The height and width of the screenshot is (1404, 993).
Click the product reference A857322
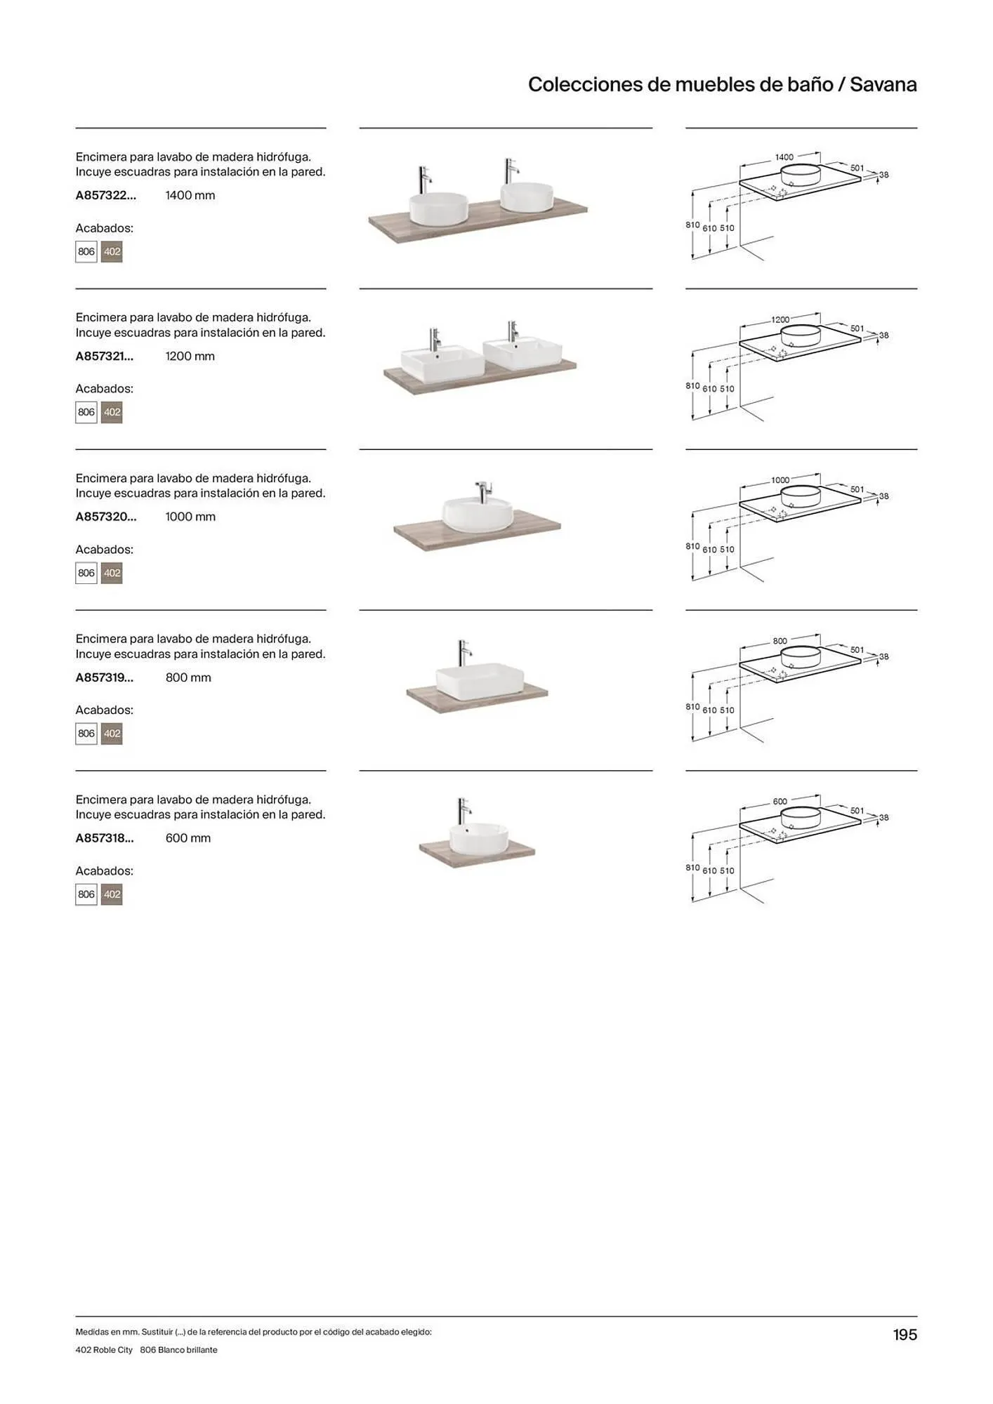tap(106, 195)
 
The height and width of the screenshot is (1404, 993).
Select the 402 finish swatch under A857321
tap(112, 412)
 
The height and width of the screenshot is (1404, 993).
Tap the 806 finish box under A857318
tap(86, 894)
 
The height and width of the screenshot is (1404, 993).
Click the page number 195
tap(905, 1335)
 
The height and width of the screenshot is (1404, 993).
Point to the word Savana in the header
tap(883, 84)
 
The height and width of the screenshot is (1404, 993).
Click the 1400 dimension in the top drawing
tap(784, 157)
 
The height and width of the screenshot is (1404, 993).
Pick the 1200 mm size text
tap(190, 356)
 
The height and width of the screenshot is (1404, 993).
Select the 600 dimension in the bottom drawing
tap(780, 801)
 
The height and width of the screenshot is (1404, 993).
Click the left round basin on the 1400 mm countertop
tap(438, 208)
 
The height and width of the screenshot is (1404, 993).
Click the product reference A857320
tap(106, 517)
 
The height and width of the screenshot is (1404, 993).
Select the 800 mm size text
tap(188, 677)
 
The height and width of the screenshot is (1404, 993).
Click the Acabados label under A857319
tap(105, 710)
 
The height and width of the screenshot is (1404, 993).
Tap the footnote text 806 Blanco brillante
tap(179, 1350)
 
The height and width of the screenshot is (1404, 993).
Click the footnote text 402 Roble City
tap(104, 1350)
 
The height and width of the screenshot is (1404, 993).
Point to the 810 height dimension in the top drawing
tap(692, 225)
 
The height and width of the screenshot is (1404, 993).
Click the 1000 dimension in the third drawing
tap(780, 480)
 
